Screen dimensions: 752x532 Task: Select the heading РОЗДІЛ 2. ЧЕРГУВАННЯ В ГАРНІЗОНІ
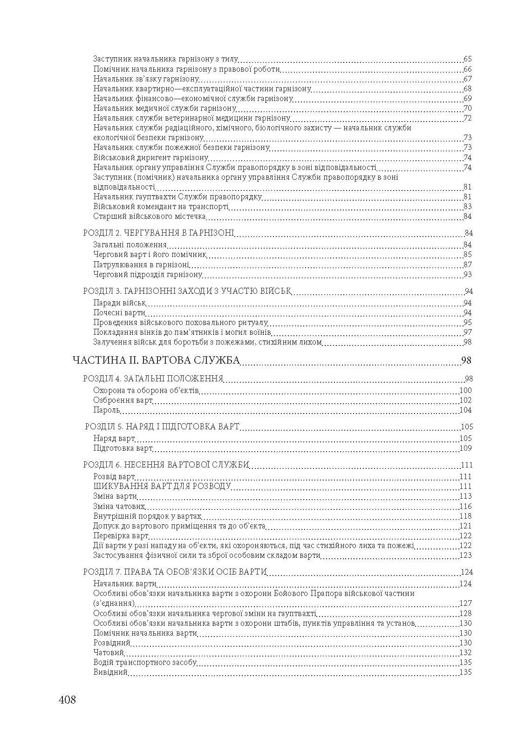158,233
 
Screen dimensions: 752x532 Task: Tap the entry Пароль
107,410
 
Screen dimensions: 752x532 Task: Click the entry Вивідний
110,672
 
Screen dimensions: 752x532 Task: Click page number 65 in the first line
468,59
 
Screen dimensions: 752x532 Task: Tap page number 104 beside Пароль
465,410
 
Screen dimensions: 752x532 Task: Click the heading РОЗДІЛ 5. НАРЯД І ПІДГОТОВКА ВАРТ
162,427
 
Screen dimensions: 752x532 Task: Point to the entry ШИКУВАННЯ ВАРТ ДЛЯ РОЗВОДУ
162,487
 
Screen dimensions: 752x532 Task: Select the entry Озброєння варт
123,400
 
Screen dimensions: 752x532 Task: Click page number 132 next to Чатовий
465,653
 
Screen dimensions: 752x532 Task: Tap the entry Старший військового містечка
150,217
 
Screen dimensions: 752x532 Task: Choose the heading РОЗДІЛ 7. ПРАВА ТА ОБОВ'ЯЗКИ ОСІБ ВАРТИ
175,572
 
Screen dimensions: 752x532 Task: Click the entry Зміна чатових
119,506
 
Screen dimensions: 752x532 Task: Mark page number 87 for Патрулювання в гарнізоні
468,264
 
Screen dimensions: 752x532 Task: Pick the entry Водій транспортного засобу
144,663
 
